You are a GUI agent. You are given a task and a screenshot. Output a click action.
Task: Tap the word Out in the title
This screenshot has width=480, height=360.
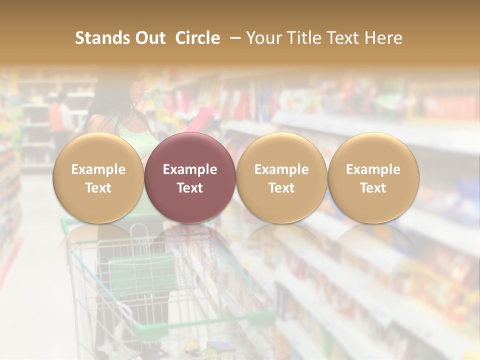point(149,38)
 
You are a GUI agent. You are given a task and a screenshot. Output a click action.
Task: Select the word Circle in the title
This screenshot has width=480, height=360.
point(197,38)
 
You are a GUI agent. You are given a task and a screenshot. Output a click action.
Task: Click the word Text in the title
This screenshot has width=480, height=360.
point(343,38)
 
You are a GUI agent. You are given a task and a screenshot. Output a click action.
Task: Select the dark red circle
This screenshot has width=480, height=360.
point(190,178)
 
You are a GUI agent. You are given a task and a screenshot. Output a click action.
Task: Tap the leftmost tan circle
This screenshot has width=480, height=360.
point(98,178)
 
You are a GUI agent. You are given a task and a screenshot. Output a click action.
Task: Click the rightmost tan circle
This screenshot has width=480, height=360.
point(373,178)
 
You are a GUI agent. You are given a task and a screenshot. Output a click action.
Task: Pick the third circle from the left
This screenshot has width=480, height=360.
point(281,178)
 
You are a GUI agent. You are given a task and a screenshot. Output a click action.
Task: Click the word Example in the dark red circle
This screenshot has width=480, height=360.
point(190,169)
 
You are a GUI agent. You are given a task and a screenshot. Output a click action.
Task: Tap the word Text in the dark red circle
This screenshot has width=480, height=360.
point(190,188)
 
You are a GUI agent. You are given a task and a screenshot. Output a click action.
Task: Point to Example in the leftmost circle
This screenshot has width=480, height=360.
point(98,169)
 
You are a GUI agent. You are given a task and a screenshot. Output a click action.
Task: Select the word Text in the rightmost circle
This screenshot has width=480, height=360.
point(373,188)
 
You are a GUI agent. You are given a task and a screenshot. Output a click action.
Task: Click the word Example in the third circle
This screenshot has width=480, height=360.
point(281,169)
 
